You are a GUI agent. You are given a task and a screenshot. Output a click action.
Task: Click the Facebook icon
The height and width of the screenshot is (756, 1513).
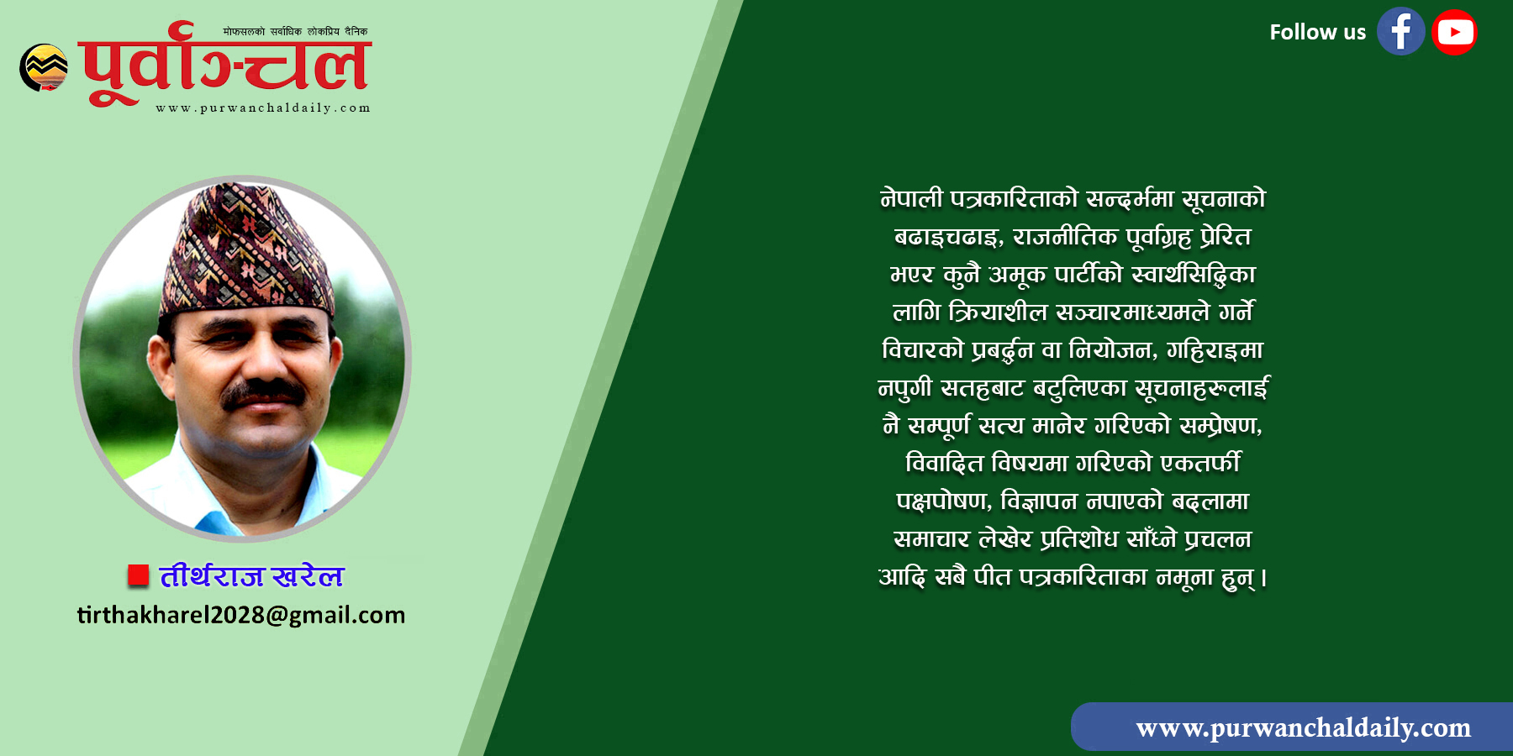[1400, 32]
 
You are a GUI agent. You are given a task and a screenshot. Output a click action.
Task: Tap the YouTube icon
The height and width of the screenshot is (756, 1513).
[1454, 32]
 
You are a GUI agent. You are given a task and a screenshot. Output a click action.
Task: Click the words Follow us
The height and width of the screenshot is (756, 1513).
[1317, 32]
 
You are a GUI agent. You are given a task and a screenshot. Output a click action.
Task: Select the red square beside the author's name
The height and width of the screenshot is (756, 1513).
[138, 575]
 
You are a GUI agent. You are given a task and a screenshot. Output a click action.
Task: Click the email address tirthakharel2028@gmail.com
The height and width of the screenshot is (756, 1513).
[241, 615]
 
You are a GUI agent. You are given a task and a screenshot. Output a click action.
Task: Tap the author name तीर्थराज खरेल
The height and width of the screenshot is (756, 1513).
[252, 575]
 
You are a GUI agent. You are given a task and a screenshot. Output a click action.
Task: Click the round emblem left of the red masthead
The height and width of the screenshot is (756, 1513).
[44, 67]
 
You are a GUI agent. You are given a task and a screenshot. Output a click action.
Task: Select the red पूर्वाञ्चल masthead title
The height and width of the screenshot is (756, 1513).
[225, 65]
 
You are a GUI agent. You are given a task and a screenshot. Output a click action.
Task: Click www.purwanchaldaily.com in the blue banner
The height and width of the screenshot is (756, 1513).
[1303, 727]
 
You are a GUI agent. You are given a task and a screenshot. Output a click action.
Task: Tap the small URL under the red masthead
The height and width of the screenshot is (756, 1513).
[263, 108]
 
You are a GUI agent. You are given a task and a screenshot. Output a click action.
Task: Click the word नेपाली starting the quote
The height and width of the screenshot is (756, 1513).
[911, 199]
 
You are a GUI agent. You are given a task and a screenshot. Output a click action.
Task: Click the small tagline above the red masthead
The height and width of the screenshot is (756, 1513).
[295, 32]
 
